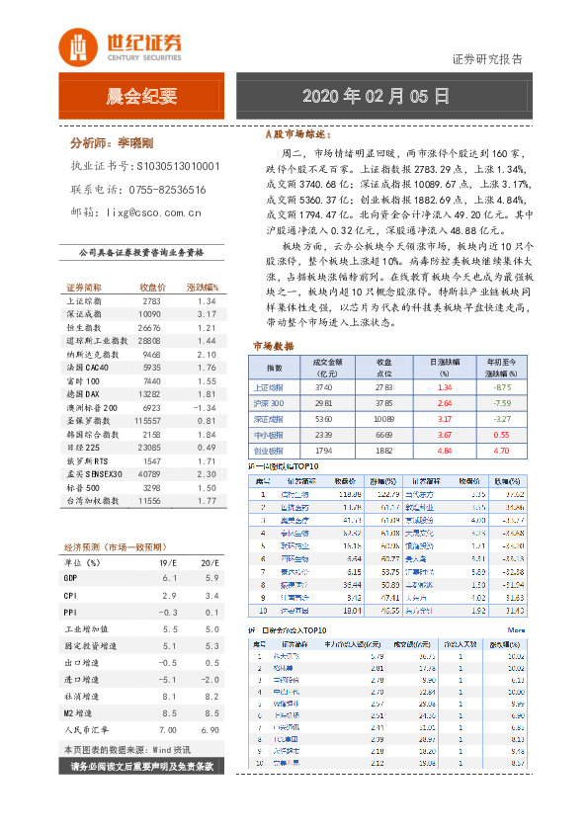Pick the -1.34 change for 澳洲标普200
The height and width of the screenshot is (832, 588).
206,407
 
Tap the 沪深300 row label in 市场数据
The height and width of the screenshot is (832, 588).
271,404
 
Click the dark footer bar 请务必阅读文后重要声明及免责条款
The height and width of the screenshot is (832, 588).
142,767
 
